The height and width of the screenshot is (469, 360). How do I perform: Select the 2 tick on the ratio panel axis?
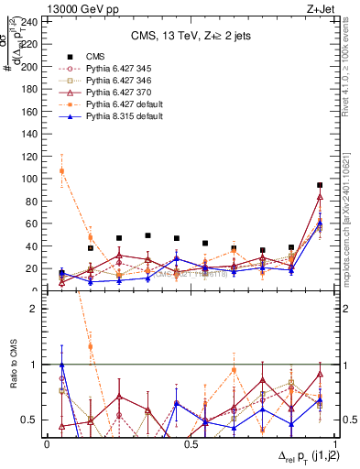tap(35, 309)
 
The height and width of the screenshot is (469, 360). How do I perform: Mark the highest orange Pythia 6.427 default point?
tap(61, 171)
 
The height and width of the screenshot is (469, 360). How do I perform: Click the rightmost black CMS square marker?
tap(320, 185)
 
